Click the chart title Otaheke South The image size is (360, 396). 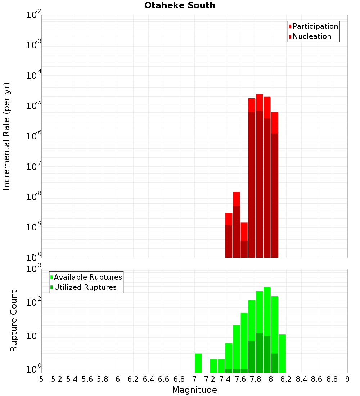(x=180, y=5)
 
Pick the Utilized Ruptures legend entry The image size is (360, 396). (x=85, y=287)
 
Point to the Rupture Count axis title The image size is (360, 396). (x=14, y=320)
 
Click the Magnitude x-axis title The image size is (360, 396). (x=194, y=390)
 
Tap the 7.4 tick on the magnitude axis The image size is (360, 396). (x=225, y=379)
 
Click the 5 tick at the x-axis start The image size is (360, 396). (x=41, y=379)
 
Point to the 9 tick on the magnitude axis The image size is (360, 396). (x=347, y=379)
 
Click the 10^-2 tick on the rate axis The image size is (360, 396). (x=33, y=15)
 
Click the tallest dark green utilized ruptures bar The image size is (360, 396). (x=259, y=353)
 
